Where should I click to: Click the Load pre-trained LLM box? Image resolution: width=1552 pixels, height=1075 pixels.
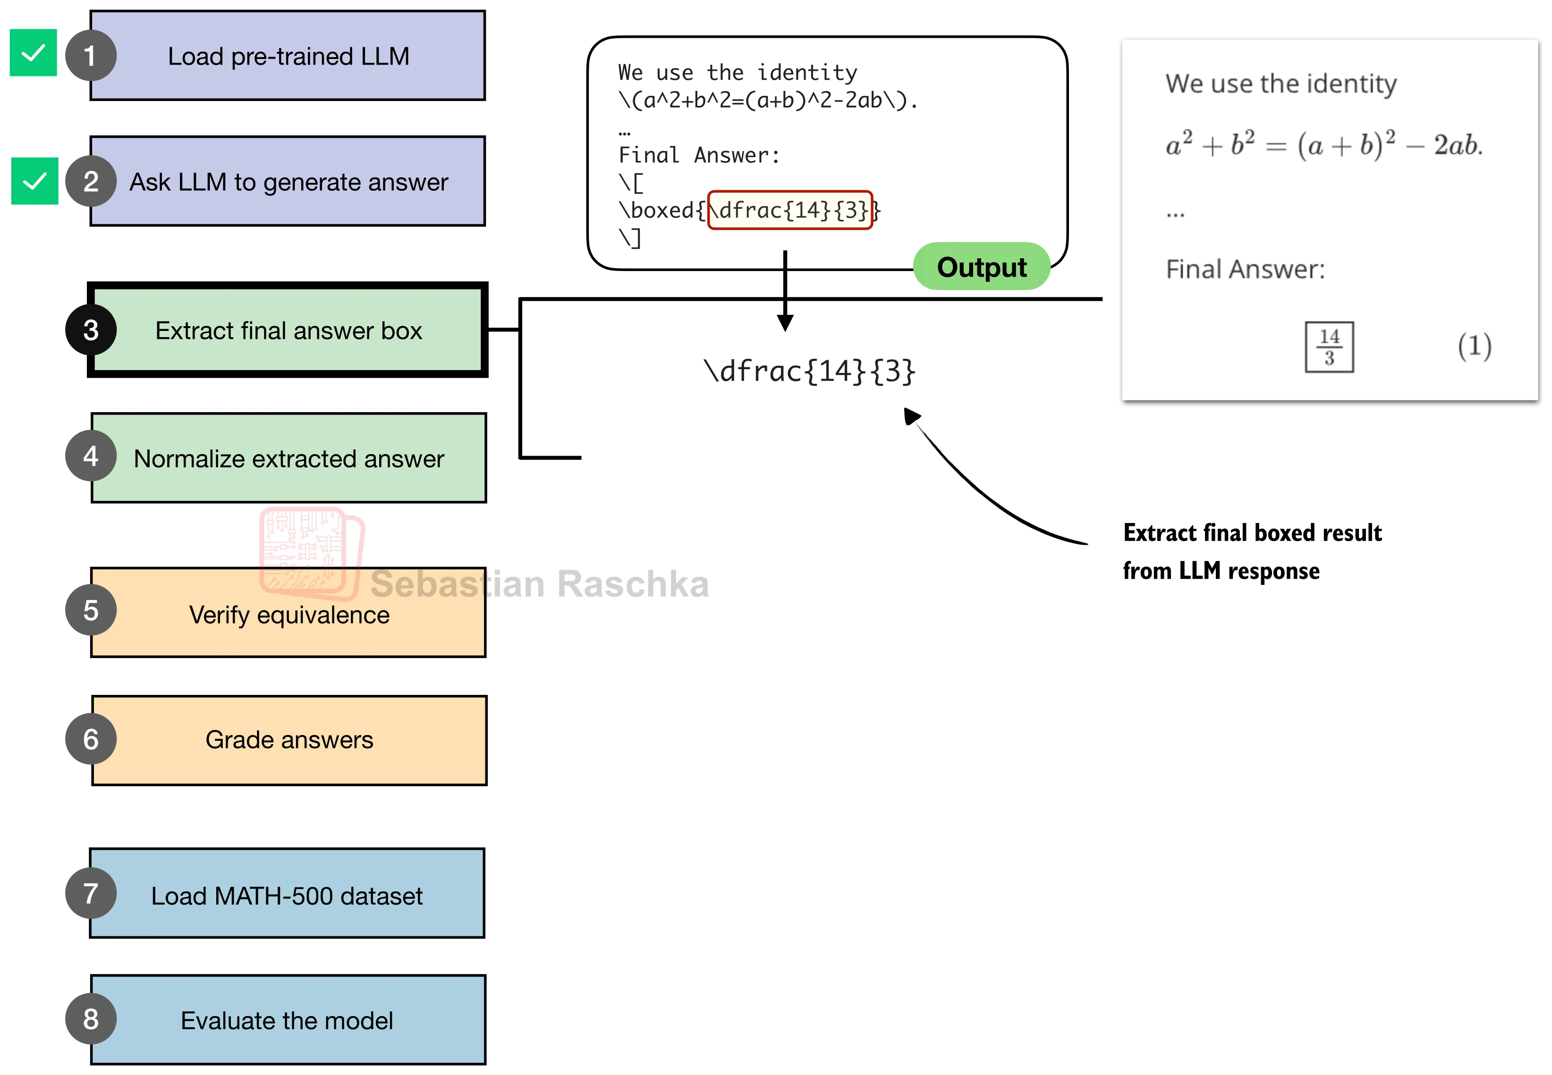click(288, 56)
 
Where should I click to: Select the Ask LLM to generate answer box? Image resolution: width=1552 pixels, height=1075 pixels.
click(288, 182)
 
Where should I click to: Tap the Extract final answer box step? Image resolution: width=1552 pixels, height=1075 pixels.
click(288, 330)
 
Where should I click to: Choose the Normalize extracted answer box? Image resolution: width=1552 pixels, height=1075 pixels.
click(289, 458)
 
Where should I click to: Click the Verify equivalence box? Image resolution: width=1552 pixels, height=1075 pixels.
click(289, 612)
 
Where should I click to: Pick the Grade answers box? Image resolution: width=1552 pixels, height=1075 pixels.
click(289, 740)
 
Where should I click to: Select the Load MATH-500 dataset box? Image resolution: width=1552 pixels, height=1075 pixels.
click(288, 894)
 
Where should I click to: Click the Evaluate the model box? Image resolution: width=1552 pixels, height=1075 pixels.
click(288, 1020)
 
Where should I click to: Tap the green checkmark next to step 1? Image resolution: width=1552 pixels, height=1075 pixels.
click(33, 52)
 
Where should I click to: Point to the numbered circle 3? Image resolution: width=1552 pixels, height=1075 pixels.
click(91, 330)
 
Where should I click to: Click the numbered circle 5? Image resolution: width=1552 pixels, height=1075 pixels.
click(91, 611)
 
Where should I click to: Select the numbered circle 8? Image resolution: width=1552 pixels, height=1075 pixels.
click(91, 1019)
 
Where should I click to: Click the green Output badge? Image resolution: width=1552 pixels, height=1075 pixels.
click(982, 267)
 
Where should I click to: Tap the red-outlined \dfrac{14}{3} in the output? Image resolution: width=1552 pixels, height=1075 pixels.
click(790, 210)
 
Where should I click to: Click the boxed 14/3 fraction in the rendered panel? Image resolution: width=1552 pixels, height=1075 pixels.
click(1329, 347)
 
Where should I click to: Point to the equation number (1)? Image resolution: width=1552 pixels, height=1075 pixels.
click(1475, 346)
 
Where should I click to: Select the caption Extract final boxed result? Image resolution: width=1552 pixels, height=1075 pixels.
click(1252, 533)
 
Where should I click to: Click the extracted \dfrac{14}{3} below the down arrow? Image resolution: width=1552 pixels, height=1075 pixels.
click(809, 371)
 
